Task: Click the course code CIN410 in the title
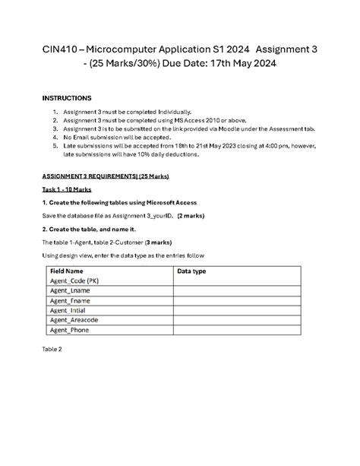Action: tap(62, 49)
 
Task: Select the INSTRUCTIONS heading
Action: tap(66, 99)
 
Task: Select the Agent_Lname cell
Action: tap(70, 290)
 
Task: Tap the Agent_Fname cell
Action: tap(70, 300)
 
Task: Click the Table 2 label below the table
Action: tap(52, 349)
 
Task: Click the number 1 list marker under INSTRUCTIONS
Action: tap(55, 112)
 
